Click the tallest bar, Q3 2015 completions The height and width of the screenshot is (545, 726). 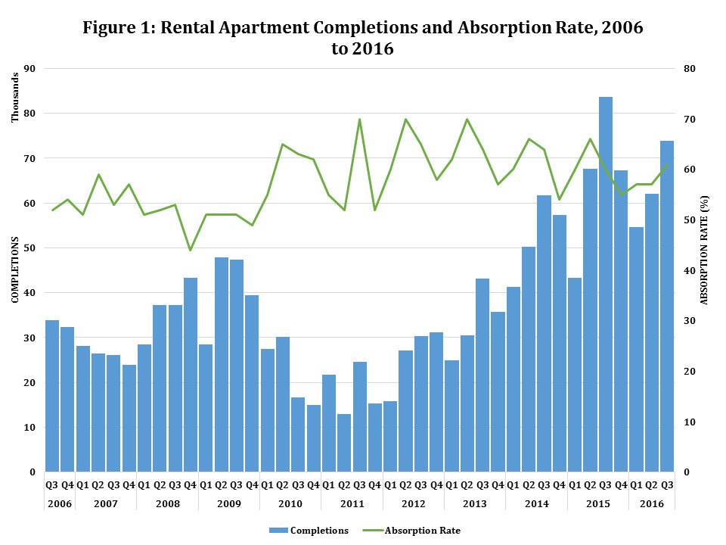606,284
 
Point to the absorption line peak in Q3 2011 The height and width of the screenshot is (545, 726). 359,120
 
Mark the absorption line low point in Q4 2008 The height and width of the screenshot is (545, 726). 191,251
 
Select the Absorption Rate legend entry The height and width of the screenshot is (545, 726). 422,531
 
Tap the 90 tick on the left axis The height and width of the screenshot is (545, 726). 31,69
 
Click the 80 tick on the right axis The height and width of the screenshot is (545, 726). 689,69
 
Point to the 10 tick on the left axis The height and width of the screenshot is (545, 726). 31,428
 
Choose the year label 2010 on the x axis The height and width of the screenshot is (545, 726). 290,503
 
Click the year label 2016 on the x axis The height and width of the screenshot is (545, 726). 652,503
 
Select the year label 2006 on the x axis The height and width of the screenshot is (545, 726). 60,503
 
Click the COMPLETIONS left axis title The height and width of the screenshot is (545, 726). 14,270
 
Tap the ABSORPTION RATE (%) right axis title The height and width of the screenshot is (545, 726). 706,250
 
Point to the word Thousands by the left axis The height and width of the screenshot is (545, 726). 14,102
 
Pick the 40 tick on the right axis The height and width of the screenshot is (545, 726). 689,271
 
